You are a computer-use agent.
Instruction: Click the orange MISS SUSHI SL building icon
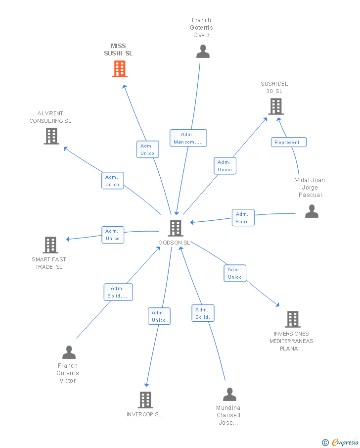click(x=120, y=69)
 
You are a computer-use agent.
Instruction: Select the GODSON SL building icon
click(x=175, y=228)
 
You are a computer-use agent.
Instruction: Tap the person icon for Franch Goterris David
click(x=203, y=51)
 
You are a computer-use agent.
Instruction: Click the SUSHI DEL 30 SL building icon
click(x=276, y=106)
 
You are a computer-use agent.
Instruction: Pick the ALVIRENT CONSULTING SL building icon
click(x=51, y=136)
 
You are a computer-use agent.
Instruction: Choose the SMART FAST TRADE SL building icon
click(x=50, y=245)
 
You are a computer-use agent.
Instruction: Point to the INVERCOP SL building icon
click(x=145, y=399)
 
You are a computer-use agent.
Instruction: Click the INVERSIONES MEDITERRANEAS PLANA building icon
click(x=293, y=319)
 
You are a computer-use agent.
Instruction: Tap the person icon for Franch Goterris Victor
click(x=69, y=352)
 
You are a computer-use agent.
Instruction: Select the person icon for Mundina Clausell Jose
click(x=230, y=394)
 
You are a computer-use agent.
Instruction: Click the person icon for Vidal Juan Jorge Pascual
click(x=312, y=211)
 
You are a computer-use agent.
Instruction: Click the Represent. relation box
click(x=289, y=142)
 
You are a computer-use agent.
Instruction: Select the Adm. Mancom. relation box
click(x=188, y=138)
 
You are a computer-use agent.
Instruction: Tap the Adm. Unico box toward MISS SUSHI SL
click(x=147, y=149)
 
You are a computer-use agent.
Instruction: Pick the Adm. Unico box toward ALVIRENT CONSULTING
click(x=112, y=181)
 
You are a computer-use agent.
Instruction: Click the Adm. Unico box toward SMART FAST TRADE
click(x=113, y=235)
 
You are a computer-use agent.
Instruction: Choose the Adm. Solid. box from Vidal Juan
click(x=243, y=218)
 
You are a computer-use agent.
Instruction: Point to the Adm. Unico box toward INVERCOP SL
click(x=159, y=316)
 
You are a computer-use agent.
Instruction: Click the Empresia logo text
click(x=345, y=442)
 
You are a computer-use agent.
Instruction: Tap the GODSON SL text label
click(x=174, y=243)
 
